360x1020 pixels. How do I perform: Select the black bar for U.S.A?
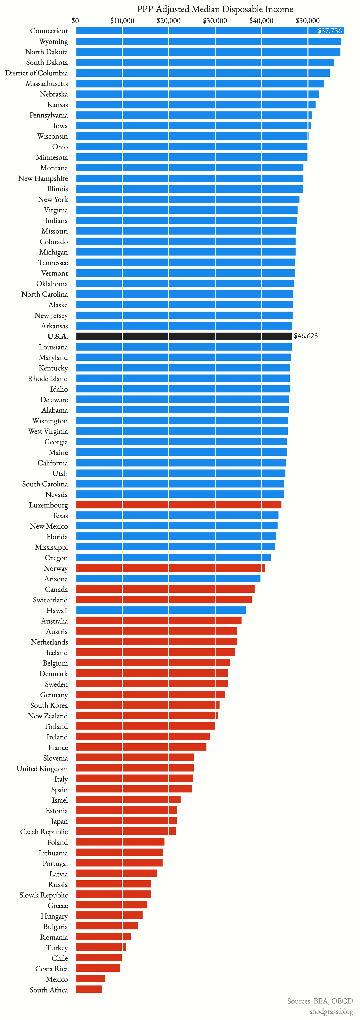tap(184, 336)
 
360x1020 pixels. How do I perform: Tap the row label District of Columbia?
tap(36, 73)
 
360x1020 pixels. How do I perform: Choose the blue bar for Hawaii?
tap(161, 610)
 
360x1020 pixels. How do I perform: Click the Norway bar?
tap(170, 568)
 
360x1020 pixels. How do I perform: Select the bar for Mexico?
tap(90, 979)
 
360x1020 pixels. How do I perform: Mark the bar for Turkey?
tap(101, 947)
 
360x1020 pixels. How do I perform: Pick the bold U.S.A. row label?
tap(58, 337)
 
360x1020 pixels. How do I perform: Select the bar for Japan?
tap(126, 821)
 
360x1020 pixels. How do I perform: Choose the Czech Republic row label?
tap(44, 832)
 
